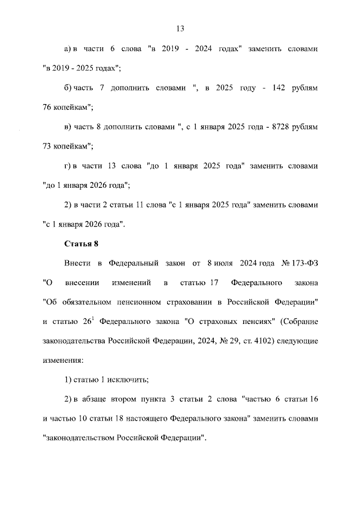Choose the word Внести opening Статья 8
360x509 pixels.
coord(76,263)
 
